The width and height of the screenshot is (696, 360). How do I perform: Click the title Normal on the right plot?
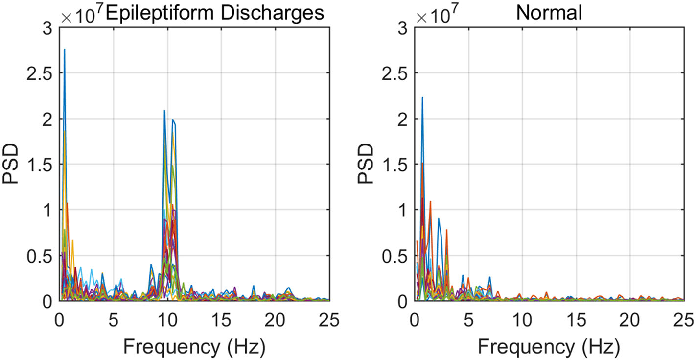click(x=549, y=13)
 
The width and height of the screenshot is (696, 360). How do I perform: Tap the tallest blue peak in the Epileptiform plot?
click(x=65, y=49)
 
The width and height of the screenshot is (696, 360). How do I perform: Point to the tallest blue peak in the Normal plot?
click(x=422, y=98)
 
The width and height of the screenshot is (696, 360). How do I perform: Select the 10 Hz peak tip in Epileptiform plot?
click(x=164, y=111)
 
